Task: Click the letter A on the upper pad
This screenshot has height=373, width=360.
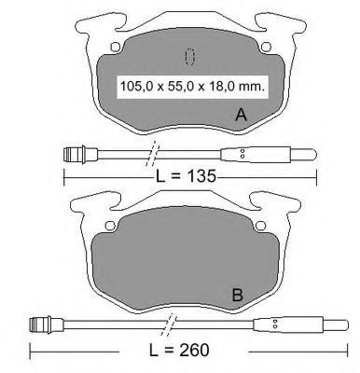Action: click(242, 115)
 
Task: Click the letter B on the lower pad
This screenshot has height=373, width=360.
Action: click(238, 295)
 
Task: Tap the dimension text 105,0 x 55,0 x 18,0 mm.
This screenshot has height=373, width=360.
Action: click(192, 87)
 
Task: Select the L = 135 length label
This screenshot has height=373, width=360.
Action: click(186, 176)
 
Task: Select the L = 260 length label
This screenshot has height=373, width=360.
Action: click(179, 351)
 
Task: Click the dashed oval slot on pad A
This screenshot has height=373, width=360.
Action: click(189, 57)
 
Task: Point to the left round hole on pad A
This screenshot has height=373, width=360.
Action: click(116, 47)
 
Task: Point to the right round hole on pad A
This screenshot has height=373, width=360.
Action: click(266, 47)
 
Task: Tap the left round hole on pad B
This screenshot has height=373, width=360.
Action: click(110, 226)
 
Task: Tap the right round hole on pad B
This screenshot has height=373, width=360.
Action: click(260, 226)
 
